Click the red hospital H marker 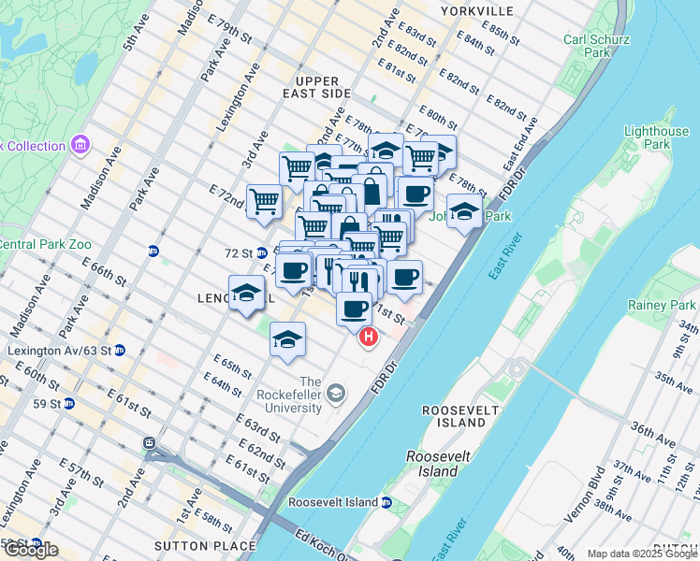coord(369,338)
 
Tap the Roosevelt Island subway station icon coord(386,502)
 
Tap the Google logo coord(30,550)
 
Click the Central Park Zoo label coord(45,245)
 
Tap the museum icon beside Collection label coord(80,146)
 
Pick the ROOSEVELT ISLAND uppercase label coord(457,410)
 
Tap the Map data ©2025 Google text coord(642,554)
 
